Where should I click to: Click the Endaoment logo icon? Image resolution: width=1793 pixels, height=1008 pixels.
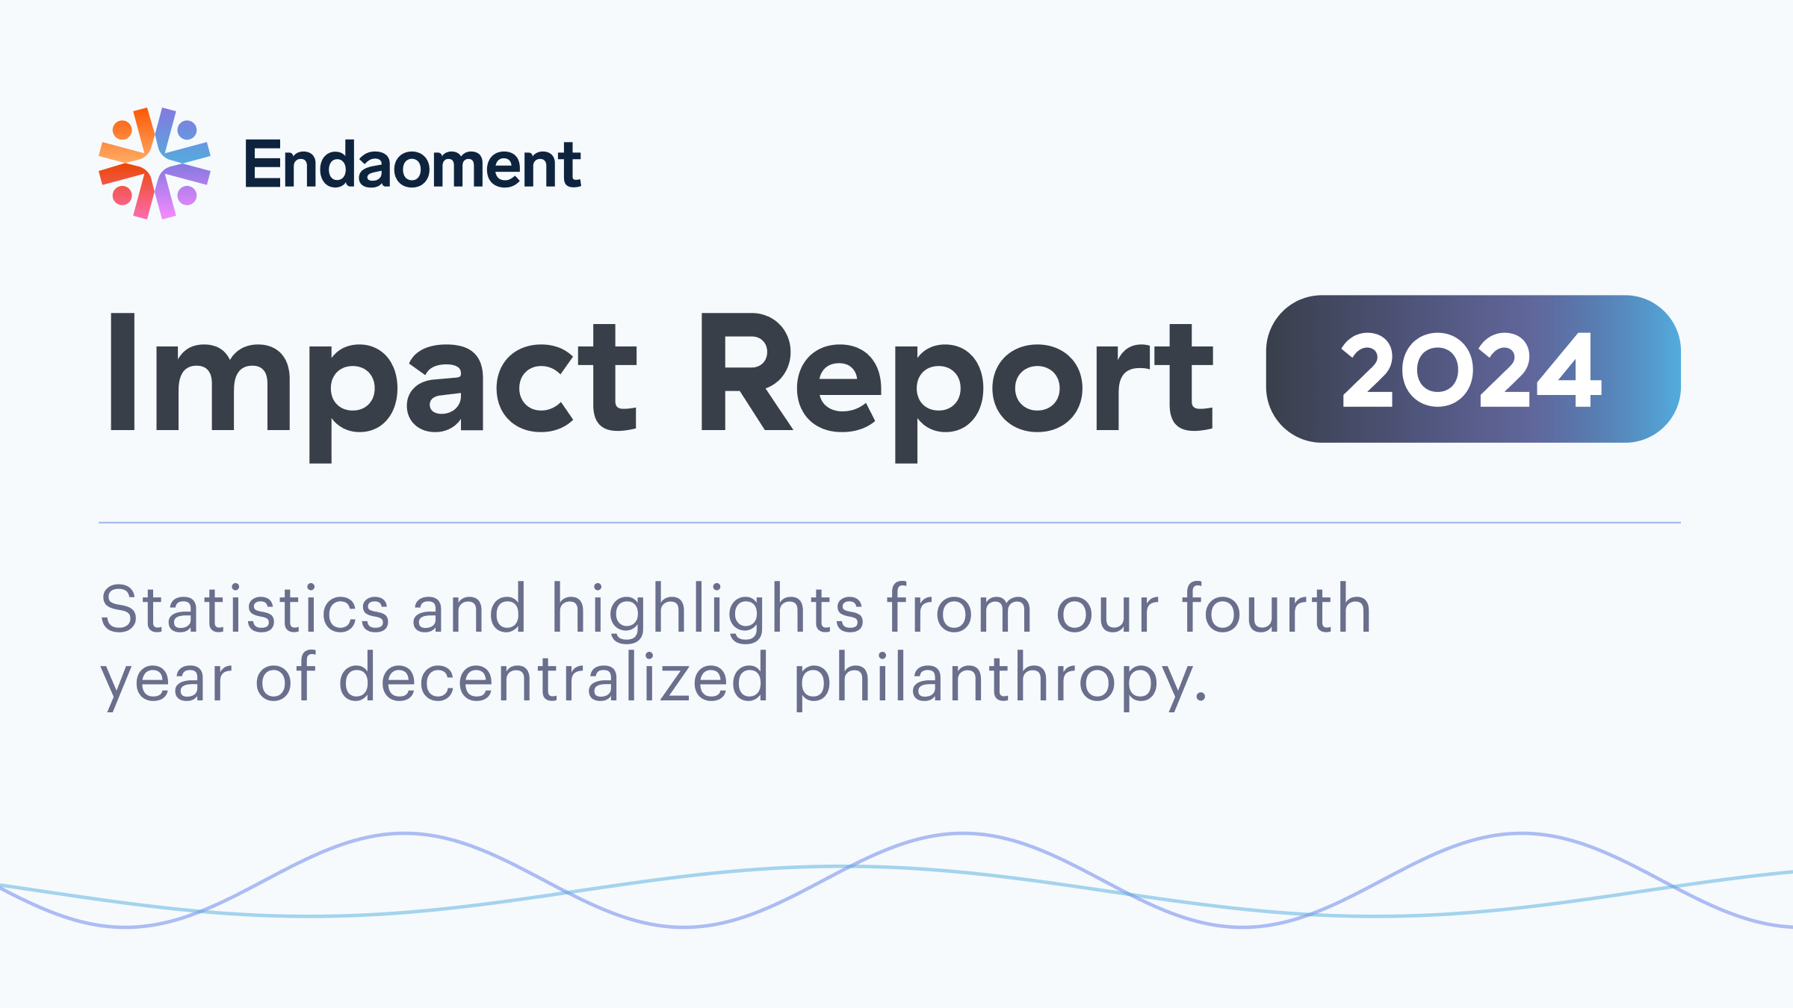[155, 164]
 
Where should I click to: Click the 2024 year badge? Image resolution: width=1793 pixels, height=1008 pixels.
[1473, 369]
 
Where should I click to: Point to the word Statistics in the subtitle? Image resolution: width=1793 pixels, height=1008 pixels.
[245, 609]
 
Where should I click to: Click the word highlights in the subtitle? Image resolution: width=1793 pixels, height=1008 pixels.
[707, 611]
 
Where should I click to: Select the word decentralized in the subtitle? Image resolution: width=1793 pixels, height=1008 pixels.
[554, 678]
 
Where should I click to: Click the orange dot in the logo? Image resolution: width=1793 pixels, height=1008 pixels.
[123, 130]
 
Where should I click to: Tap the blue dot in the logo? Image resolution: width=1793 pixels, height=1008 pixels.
[187, 130]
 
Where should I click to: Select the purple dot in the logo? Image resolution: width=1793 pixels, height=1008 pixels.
[187, 196]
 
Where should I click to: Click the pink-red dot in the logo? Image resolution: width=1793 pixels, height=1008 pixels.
[123, 196]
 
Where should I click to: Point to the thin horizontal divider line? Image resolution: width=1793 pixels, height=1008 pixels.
[889, 523]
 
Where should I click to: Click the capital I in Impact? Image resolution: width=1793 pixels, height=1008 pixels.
[123, 372]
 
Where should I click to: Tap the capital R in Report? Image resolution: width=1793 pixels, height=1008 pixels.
[744, 372]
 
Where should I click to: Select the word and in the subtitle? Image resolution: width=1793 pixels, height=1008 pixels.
[469, 609]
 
